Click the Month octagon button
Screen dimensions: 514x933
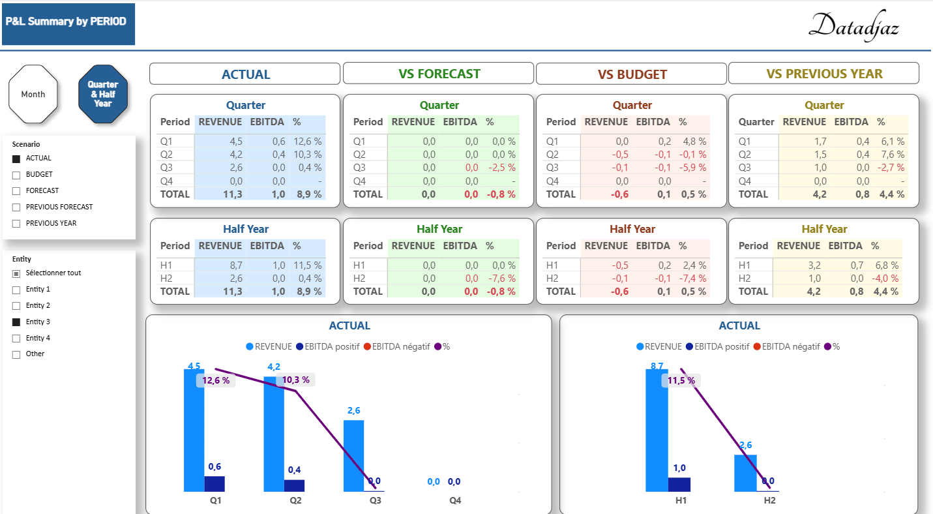tap(33, 94)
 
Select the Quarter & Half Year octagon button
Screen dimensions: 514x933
tap(103, 94)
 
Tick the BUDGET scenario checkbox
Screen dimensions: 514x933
tap(16, 175)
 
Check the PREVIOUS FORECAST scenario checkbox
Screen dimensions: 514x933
tap(16, 207)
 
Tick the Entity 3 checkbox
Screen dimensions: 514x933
tap(16, 322)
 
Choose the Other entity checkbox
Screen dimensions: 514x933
tap(16, 354)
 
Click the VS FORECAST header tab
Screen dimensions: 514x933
tap(439, 74)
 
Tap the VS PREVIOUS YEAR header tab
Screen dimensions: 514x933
tap(823, 74)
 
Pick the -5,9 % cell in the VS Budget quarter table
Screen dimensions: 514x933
tap(692, 168)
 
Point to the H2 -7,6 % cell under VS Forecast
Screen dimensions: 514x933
tap(501, 279)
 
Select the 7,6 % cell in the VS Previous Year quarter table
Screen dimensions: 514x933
tap(891, 155)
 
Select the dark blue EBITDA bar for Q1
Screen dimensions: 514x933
tap(215, 483)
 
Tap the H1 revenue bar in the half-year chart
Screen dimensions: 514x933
tap(657, 431)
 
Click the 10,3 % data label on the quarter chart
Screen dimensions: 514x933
tap(295, 380)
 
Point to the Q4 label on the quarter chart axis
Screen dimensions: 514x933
tap(455, 501)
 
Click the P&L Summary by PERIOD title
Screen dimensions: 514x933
tap(66, 22)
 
